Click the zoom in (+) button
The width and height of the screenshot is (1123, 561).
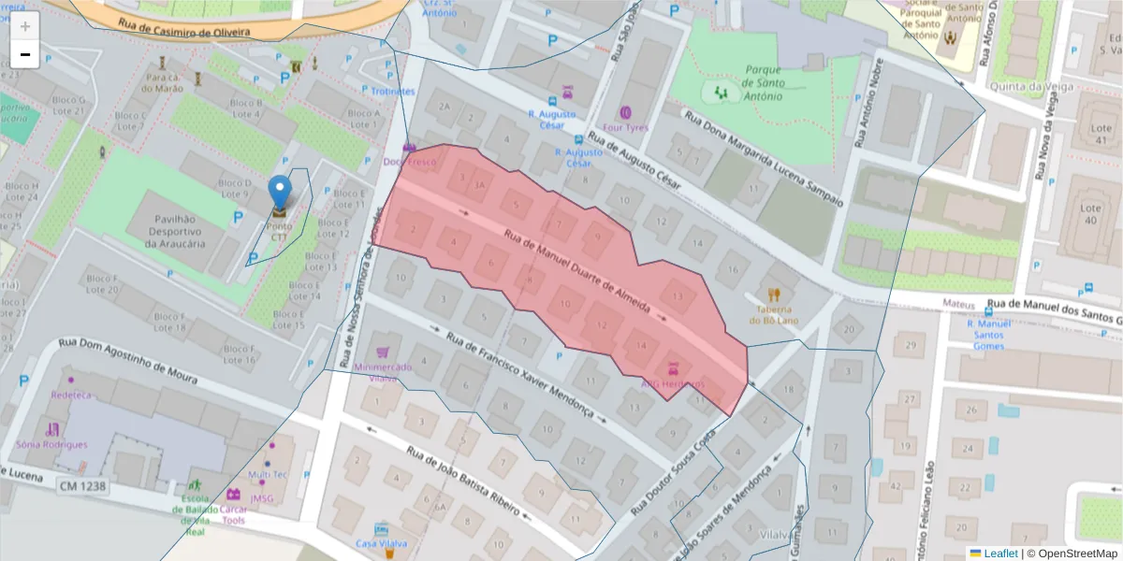click(25, 26)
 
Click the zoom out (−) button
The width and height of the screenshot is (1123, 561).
click(25, 54)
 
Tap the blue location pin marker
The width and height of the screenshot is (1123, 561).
click(280, 193)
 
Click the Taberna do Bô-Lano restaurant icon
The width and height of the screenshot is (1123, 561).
click(773, 295)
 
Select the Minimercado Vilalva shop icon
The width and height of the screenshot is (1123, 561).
click(382, 352)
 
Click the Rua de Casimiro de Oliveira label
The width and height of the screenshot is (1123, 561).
click(184, 27)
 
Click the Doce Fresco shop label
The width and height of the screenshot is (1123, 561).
click(409, 162)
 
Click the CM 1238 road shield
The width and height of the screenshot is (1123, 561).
click(82, 486)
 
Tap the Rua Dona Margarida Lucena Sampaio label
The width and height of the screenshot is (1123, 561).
click(764, 159)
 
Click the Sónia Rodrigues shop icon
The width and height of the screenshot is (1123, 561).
click(52, 429)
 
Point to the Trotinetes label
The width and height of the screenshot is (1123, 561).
click(393, 91)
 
